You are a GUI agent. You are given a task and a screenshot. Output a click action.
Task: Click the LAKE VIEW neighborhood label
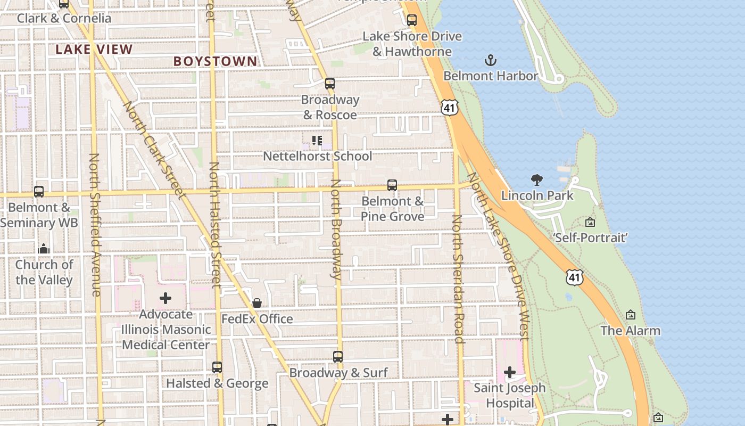pyautogui.click(x=94, y=50)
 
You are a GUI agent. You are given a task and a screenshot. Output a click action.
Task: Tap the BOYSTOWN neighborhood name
pyautogui.click(x=215, y=61)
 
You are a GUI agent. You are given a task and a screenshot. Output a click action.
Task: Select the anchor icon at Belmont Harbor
pyautogui.click(x=490, y=60)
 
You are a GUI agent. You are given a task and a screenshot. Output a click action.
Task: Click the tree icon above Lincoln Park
pyautogui.click(x=537, y=180)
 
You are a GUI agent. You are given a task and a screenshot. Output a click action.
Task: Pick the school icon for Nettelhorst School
pyautogui.click(x=317, y=141)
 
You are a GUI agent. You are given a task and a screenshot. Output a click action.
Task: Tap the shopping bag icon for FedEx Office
pyautogui.click(x=257, y=303)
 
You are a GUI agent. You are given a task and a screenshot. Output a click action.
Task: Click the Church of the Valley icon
pyautogui.click(x=44, y=249)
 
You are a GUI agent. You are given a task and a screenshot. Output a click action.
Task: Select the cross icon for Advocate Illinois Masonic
pyautogui.click(x=165, y=298)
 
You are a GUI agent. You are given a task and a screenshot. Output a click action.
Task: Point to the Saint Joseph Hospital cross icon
pyautogui.click(x=510, y=372)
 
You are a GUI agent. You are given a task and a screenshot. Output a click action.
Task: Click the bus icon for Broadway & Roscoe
pyautogui.click(x=330, y=84)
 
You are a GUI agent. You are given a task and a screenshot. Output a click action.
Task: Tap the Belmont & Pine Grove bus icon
pyautogui.click(x=392, y=185)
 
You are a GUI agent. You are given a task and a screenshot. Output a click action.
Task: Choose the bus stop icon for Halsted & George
pyautogui.click(x=217, y=367)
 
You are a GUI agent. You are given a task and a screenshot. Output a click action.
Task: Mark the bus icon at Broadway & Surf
pyautogui.click(x=338, y=357)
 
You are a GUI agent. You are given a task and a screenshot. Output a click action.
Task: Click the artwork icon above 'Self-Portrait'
pyautogui.click(x=590, y=222)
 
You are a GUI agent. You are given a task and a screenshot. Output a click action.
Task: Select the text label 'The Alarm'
pyautogui.click(x=630, y=331)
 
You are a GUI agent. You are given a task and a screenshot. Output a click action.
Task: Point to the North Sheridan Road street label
pyautogui.click(x=458, y=279)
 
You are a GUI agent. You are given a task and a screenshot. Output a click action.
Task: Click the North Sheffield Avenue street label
pyautogui.click(x=95, y=225)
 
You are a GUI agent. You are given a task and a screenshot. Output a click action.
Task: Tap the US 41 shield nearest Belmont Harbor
pyautogui.click(x=450, y=108)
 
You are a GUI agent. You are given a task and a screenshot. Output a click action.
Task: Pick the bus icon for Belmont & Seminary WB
pyautogui.click(x=39, y=192)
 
